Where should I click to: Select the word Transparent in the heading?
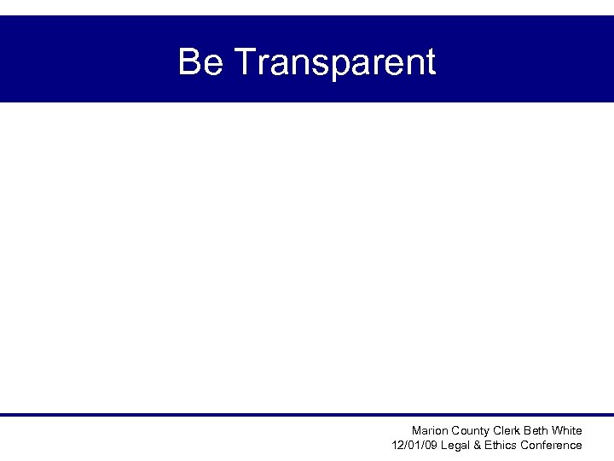click(333, 62)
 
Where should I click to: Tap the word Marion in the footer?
click(430, 431)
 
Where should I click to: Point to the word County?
click(472, 431)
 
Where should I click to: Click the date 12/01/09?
click(411, 446)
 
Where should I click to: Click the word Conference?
click(552, 446)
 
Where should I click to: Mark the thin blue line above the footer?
click(307, 415)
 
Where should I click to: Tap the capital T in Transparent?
click(241, 62)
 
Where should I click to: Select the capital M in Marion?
click(416, 431)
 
